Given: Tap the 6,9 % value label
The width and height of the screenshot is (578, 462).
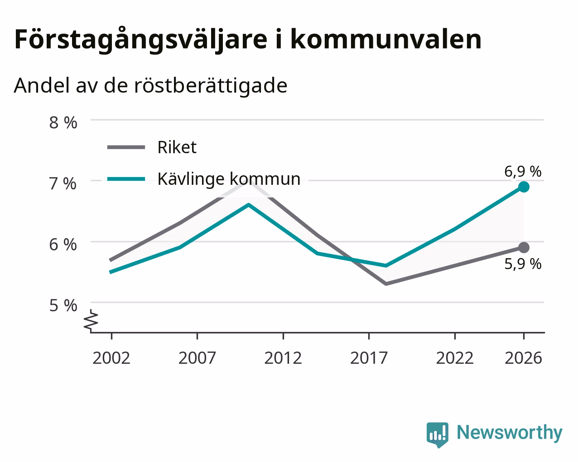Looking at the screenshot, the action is tap(523, 171).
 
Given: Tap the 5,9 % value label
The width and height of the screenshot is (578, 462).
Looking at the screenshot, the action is tap(523, 264).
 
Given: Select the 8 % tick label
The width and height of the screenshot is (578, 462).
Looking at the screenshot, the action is tap(63, 123).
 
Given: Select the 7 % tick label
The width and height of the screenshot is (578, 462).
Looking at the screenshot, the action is tap(63, 184).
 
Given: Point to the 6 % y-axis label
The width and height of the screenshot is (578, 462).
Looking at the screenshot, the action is tap(63, 245).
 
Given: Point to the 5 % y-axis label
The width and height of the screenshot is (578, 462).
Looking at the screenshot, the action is tap(63, 306).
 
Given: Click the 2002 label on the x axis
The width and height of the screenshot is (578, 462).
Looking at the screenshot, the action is tap(111, 358).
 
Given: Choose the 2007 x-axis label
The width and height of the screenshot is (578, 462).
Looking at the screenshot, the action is tap(197, 358).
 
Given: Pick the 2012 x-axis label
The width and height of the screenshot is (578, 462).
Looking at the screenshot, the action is tap(283, 358).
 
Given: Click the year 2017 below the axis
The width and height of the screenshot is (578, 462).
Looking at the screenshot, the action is tap(369, 358).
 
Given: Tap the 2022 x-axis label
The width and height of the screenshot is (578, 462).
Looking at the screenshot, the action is tap(455, 358).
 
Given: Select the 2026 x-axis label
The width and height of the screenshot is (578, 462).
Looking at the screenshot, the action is tap(524, 358).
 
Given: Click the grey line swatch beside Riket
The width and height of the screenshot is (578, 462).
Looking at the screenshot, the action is tap(126, 147).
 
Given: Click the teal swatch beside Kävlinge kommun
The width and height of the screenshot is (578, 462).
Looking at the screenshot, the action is tap(126, 179).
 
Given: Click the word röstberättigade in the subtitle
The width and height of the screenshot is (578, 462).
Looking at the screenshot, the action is tap(211, 86).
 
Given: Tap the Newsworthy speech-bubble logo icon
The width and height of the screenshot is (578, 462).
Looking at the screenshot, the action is tap(438, 435).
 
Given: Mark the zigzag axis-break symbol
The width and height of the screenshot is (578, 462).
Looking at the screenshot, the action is tap(91, 320).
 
